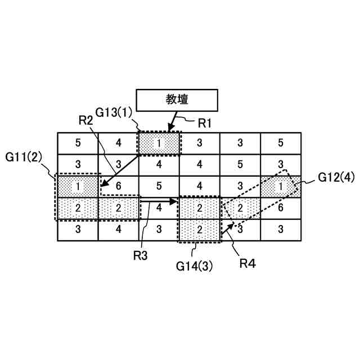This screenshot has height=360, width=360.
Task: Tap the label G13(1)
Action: (114, 111)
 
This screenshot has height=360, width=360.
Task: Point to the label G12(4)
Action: (336, 178)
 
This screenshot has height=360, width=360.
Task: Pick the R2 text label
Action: (85, 119)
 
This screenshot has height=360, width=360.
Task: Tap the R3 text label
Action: (141, 256)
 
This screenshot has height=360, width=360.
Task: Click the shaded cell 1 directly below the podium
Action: (159, 143)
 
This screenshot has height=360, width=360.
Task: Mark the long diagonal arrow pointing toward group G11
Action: (120, 170)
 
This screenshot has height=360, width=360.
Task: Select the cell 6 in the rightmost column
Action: (280, 208)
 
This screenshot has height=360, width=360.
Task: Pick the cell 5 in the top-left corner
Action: (78, 143)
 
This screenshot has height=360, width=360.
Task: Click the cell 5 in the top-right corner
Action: (280, 143)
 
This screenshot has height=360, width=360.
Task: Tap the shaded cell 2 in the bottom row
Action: (199, 229)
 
